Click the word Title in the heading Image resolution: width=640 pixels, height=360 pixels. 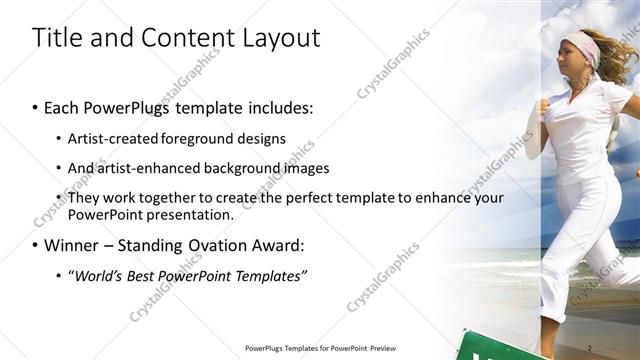point(58,38)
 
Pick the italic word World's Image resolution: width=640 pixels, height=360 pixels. point(98,275)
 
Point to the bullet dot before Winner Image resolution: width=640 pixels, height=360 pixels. point(35,245)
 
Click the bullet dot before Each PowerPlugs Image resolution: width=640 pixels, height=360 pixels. point(35,108)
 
